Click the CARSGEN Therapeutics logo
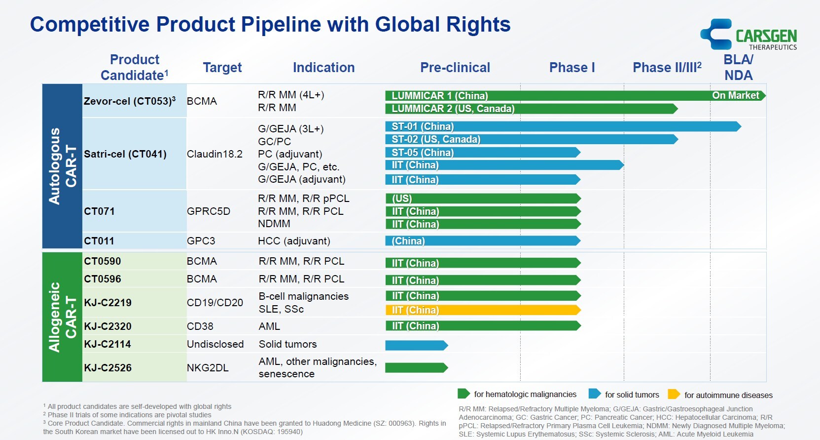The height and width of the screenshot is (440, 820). [x=749, y=35]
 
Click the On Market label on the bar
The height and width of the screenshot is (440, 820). [x=735, y=95]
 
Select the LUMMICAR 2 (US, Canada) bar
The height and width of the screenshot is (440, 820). [x=530, y=109]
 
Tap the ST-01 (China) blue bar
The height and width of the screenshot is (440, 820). [x=562, y=126]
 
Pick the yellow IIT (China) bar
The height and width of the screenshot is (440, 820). [x=482, y=310]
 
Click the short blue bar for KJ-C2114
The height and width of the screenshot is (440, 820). [x=416, y=345]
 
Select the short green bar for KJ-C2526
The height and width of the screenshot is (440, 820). [x=416, y=367]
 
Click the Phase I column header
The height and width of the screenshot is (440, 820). [x=572, y=68]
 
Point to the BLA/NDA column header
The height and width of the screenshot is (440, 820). [x=738, y=68]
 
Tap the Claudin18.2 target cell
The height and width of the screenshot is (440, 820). [x=214, y=154]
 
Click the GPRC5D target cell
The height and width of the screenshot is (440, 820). [x=208, y=211]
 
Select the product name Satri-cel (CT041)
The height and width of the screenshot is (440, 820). [x=125, y=154]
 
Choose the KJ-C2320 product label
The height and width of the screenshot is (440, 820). [x=107, y=326]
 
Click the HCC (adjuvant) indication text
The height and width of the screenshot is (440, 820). [x=294, y=241]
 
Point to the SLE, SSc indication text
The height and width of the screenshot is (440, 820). [x=281, y=309]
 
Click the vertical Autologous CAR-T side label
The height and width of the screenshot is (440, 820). [x=62, y=166]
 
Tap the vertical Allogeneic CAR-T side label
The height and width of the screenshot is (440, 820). [x=62, y=317]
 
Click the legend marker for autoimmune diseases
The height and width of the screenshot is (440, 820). [x=673, y=394]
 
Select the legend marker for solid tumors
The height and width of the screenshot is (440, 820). [x=594, y=394]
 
